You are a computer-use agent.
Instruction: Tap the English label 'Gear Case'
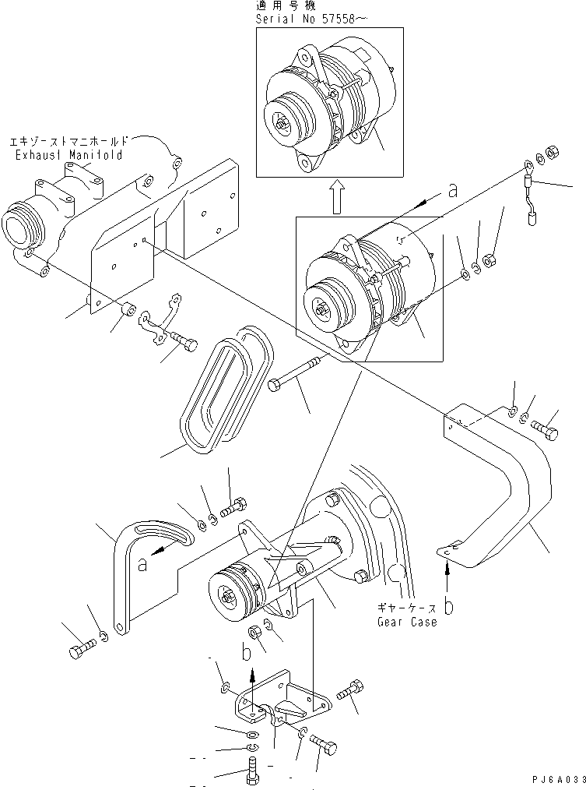tap(406, 622)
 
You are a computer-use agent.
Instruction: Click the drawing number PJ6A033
tap(553, 780)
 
